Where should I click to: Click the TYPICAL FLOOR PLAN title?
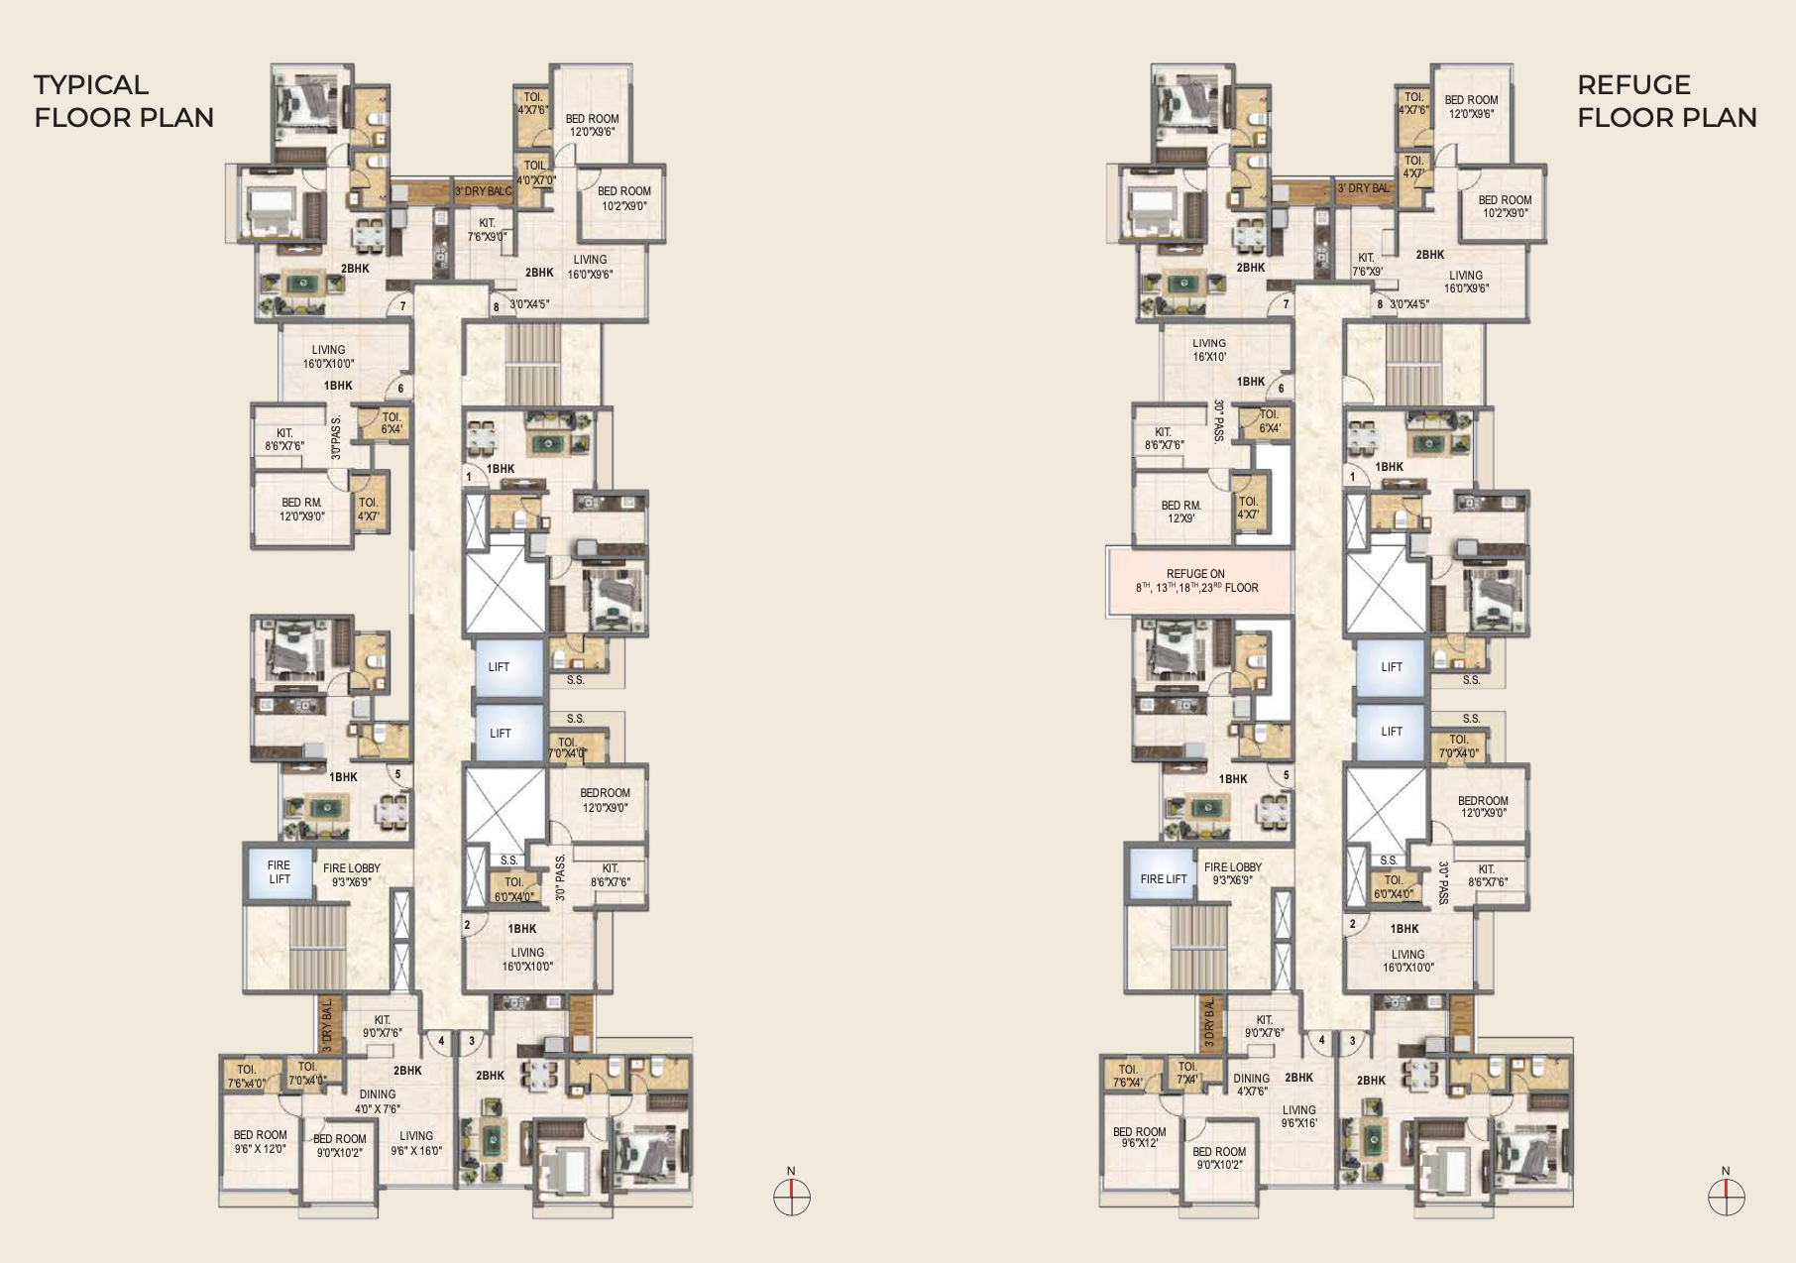(x=124, y=101)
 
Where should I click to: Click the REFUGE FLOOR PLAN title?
(x=1666, y=101)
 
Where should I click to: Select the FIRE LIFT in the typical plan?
(x=280, y=872)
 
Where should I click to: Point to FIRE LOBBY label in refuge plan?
(x=1233, y=873)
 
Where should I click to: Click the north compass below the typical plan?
(x=791, y=1197)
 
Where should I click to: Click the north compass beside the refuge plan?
(x=1726, y=1197)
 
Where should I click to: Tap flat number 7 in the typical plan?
(x=403, y=307)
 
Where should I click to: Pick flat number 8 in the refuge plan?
(x=1379, y=305)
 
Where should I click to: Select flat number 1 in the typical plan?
(x=468, y=478)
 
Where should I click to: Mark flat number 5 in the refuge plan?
(x=1287, y=776)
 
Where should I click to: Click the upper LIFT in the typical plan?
(x=500, y=667)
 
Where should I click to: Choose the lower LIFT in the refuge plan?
(x=1392, y=732)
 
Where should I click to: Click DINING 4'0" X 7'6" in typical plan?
(x=378, y=1101)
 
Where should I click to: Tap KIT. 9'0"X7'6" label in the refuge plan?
(x=1264, y=1026)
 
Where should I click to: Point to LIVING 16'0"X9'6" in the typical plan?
(x=590, y=267)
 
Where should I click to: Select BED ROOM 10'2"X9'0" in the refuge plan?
(x=1505, y=206)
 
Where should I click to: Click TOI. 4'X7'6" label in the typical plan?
(x=532, y=103)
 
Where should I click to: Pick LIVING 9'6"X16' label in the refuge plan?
(x=1299, y=1117)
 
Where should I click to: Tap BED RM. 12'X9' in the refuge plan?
(x=1180, y=512)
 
